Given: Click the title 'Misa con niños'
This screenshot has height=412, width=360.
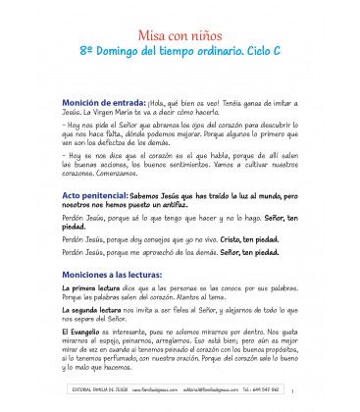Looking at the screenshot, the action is point(180,26).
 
